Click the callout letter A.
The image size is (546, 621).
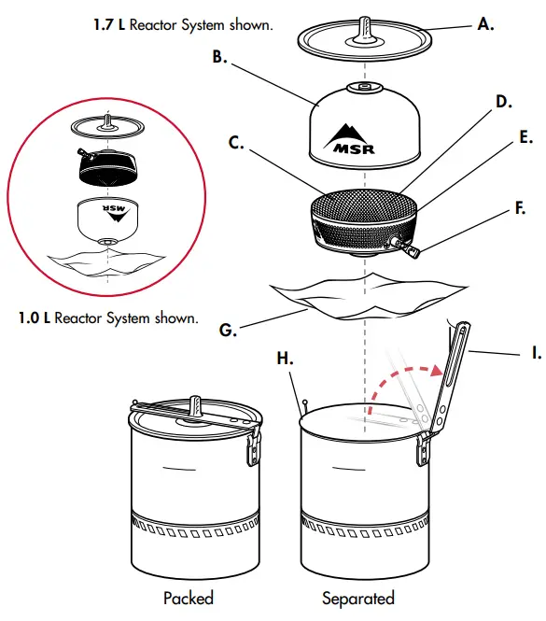tap(485, 25)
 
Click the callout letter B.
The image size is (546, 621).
tap(219, 57)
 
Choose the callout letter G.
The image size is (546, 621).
tap(226, 328)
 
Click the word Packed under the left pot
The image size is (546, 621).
tap(188, 598)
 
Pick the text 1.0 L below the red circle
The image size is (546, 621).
tap(35, 318)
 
